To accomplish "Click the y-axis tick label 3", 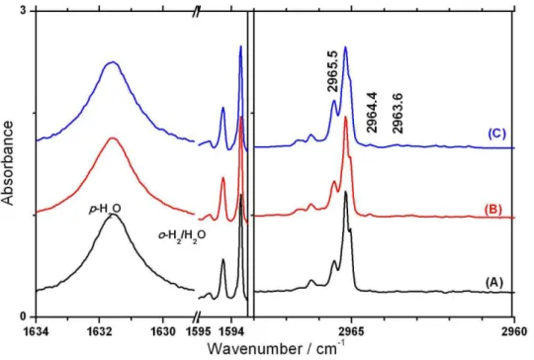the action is [23, 11].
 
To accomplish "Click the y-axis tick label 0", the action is [23, 317].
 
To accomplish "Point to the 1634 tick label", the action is [36, 331].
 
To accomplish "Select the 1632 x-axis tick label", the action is [99, 331].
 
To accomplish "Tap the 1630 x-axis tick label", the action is [163, 331].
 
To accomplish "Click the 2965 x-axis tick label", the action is [351, 331].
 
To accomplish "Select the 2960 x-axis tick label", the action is [514, 331].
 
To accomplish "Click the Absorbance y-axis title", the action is [8, 163].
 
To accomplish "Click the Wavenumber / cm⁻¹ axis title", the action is [276, 349].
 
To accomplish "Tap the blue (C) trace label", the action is [496, 134].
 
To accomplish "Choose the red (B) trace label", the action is [492, 210].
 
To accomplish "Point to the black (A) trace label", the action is [493, 282].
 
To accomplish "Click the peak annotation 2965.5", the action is [332, 71].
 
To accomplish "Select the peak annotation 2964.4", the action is [371, 113].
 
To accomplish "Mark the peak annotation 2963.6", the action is [398, 113].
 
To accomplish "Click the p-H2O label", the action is [105, 210].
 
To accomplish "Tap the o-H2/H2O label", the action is [182, 235].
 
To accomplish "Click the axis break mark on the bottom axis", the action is [195, 316].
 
